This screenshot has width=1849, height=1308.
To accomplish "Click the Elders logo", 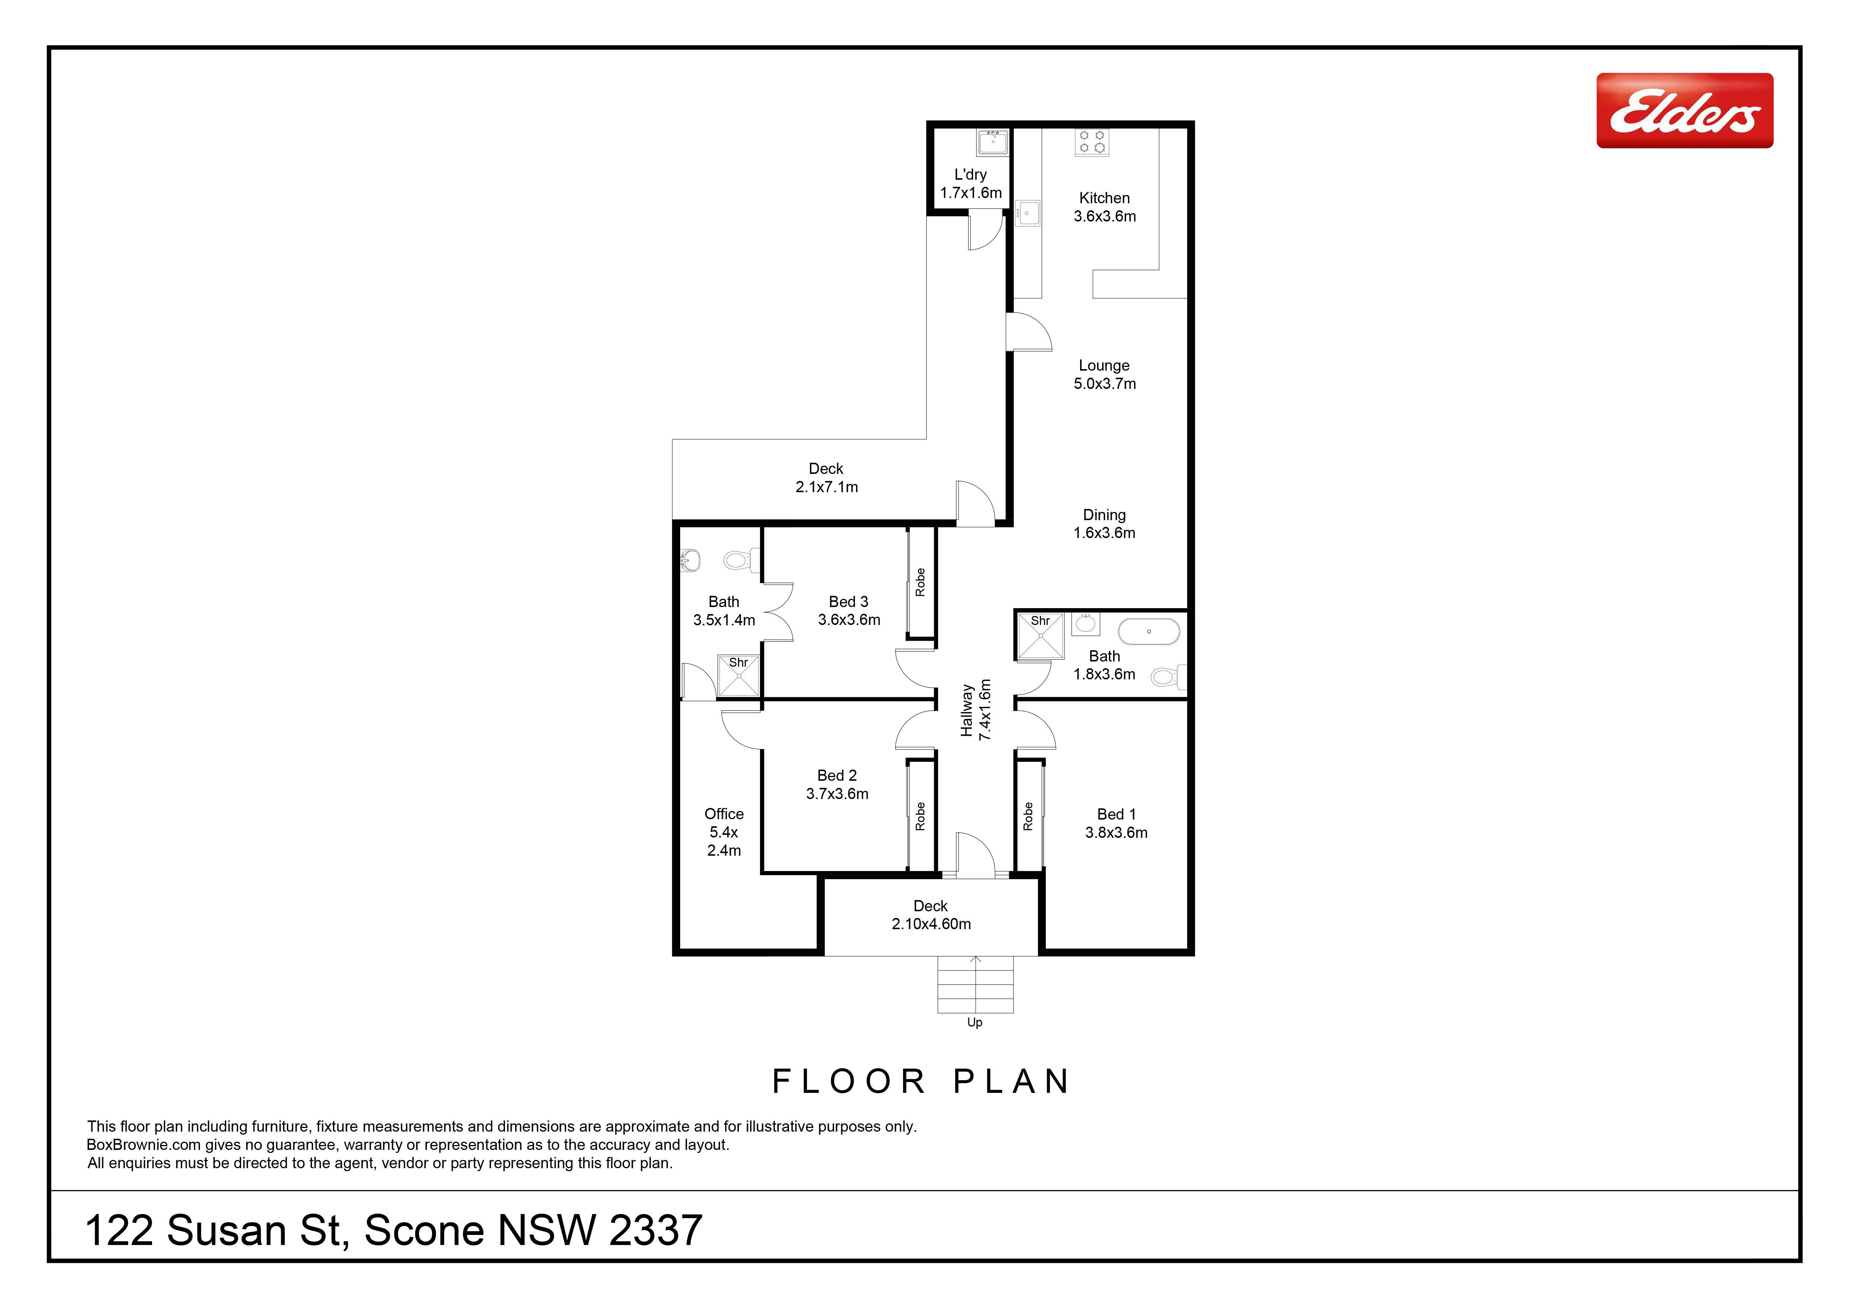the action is point(1685,110).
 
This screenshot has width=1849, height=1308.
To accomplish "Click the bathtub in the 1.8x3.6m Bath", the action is point(1149,632).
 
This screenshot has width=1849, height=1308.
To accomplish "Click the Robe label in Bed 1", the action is point(1028,816).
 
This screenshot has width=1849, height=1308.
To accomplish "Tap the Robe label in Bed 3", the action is point(920,582).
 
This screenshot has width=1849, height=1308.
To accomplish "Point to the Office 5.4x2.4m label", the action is point(724,832).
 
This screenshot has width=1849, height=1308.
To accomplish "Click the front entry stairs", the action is point(975,984).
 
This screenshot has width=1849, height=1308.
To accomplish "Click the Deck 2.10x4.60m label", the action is point(931,915).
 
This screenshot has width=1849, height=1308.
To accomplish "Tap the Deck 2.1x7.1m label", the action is point(826,478).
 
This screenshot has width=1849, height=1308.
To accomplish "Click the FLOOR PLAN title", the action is point(921,1082).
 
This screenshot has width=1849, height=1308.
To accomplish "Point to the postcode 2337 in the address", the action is point(656,1231).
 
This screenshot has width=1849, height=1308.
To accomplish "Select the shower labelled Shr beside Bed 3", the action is point(738,675).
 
